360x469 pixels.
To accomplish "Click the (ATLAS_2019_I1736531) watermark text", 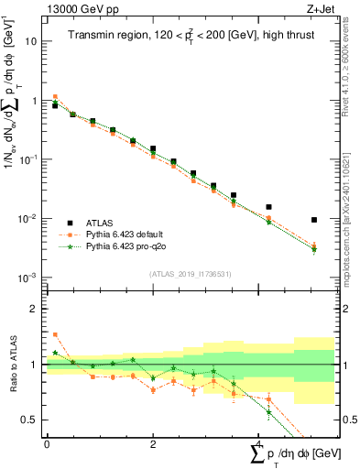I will [x=190, y=273].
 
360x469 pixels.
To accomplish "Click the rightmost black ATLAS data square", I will [x=314, y=220].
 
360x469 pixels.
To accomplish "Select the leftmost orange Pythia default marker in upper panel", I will [x=55, y=96].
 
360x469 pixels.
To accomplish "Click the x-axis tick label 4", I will [x=259, y=443].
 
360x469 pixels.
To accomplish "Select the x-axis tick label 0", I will [x=47, y=443].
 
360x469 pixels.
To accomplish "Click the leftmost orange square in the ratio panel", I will [x=55, y=334].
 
